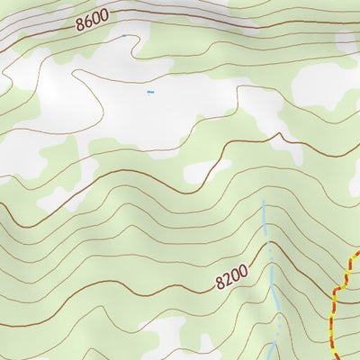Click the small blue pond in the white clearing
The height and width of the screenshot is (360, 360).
coord(149,92)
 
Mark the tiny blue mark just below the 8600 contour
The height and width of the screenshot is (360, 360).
coord(123,36)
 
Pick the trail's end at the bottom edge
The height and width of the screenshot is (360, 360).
coord(329,357)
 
